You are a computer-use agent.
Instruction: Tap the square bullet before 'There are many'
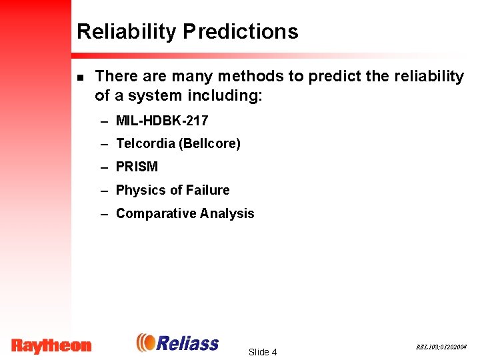(80, 77)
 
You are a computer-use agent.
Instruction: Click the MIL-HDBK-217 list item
(161, 121)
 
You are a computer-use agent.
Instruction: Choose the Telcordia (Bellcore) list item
(178, 143)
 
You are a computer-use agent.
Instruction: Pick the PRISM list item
(137, 167)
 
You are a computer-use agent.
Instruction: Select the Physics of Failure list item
(172, 190)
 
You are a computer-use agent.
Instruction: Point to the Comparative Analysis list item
(185, 213)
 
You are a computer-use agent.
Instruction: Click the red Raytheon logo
(51, 345)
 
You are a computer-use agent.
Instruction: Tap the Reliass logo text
(188, 343)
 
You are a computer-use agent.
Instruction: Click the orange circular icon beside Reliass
(145, 343)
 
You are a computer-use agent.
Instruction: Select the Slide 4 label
(262, 352)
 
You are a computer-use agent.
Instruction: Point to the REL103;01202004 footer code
(441, 347)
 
